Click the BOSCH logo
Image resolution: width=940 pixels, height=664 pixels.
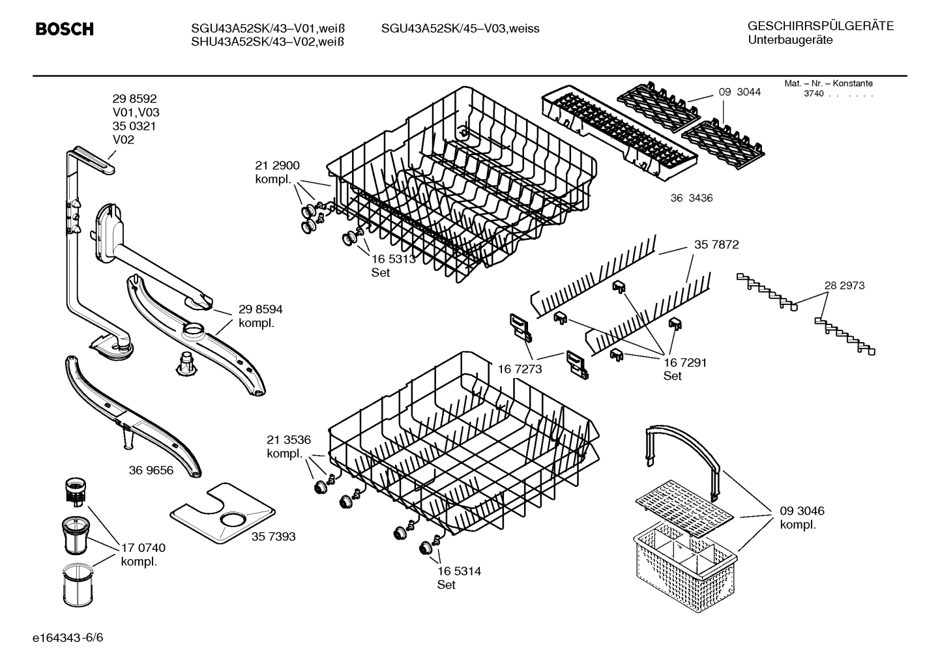[x=64, y=29]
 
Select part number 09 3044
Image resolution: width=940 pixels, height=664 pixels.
[x=739, y=92]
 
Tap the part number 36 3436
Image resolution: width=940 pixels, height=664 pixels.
[x=691, y=198]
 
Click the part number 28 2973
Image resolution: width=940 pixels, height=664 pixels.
[x=844, y=285]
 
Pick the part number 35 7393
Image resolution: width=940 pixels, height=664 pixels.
[x=273, y=536]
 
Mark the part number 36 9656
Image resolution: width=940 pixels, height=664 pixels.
[x=151, y=470]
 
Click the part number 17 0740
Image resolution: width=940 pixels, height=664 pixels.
[x=143, y=548]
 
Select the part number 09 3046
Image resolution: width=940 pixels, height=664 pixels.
[x=802, y=511]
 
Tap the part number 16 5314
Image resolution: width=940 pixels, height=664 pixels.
[x=459, y=571]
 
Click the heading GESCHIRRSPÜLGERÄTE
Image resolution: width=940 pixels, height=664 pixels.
[x=820, y=27]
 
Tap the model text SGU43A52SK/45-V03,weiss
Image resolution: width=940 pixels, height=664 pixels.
[x=460, y=29]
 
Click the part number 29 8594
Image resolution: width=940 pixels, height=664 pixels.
[x=260, y=310]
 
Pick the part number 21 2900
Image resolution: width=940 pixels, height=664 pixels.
[x=277, y=166]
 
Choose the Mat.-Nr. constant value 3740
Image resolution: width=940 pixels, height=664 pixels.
[x=813, y=94]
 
